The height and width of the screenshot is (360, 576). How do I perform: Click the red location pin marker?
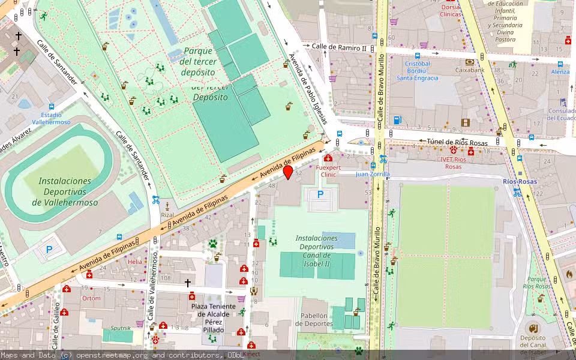(x=288, y=172)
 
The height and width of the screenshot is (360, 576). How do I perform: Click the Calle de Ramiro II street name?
(x=338, y=47)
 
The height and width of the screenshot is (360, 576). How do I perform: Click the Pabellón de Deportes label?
(x=317, y=319)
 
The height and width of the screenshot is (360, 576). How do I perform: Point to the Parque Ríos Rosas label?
(x=536, y=283)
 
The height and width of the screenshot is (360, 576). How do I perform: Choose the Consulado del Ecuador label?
(x=562, y=114)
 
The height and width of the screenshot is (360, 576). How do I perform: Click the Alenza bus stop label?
(x=560, y=71)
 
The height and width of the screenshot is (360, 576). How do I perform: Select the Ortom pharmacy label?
(x=92, y=298)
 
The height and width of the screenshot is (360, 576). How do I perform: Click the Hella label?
(x=135, y=262)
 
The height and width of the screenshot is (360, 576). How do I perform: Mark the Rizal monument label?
(x=167, y=215)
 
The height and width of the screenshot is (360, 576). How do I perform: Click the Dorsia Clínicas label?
(x=450, y=10)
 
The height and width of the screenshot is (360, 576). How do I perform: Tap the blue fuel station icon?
(x=397, y=120)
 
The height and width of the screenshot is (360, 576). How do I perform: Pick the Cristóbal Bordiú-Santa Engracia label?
(x=418, y=70)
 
